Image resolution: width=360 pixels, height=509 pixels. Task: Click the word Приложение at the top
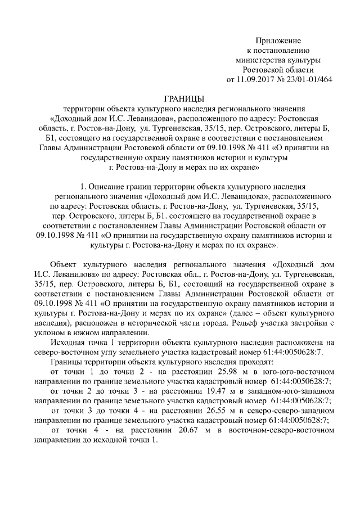[278, 40]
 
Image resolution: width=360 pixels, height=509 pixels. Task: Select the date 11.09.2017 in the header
[256, 79]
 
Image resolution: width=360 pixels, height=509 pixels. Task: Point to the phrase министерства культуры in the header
[278, 60]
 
